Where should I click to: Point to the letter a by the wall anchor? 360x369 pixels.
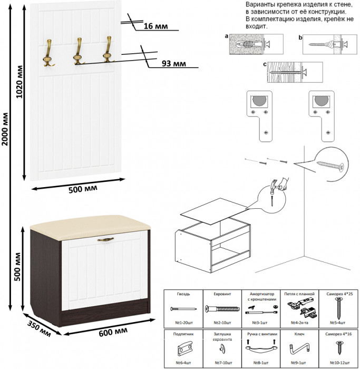226,37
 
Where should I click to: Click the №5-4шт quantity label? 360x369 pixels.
337,322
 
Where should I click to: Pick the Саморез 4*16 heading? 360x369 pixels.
337,334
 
